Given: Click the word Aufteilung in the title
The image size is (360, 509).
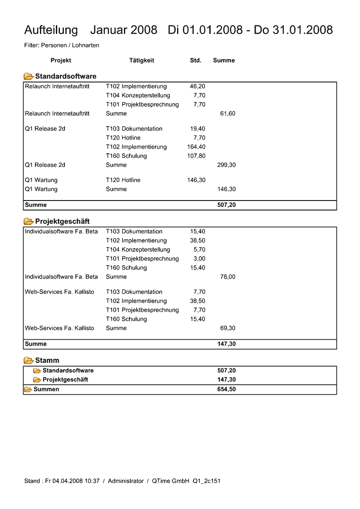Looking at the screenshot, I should pyautogui.click(x=51, y=30).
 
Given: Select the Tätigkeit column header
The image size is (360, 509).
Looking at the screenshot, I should pyautogui.click(x=142, y=60).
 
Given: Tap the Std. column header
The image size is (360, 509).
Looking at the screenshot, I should pyautogui.click(x=196, y=60).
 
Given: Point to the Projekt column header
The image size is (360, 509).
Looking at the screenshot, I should pyautogui.click(x=61, y=60).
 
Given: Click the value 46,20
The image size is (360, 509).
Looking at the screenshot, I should pyautogui.click(x=197, y=86).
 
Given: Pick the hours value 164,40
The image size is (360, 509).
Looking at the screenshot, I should pyautogui.click(x=196, y=147).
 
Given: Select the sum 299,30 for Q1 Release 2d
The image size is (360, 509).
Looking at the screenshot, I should pyautogui.click(x=227, y=165).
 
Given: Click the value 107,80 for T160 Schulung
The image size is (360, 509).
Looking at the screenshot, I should pyautogui.click(x=196, y=156).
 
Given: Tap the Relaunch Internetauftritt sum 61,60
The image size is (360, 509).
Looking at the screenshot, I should pyautogui.click(x=228, y=113).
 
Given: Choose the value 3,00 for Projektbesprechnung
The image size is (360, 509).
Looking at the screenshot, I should pyautogui.click(x=199, y=259).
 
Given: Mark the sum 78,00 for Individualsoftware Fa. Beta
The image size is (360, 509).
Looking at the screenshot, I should pyautogui.click(x=228, y=277).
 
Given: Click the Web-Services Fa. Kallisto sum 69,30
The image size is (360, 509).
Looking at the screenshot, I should pyautogui.click(x=228, y=328).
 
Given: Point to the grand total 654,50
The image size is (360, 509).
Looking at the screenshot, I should pyautogui.click(x=227, y=389).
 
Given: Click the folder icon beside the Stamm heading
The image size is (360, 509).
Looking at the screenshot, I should pyautogui.click(x=29, y=361).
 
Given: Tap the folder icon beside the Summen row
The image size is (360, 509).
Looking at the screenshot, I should pyautogui.click(x=28, y=389).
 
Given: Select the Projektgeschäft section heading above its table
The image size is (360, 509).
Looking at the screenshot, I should pyautogui.click(x=62, y=221).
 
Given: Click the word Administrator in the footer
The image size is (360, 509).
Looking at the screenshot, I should pyautogui.click(x=126, y=481).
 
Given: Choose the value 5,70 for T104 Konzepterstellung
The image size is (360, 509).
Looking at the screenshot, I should pyautogui.click(x=199, y=250).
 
